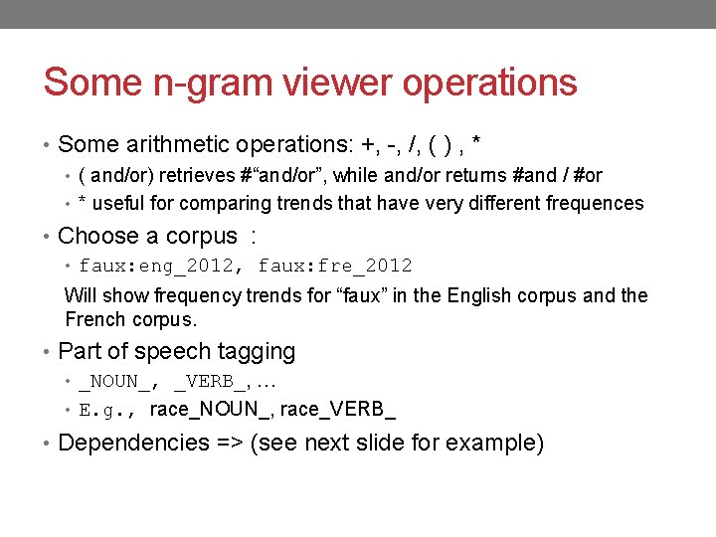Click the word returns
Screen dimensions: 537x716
467,175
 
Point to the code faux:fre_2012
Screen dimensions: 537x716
335,266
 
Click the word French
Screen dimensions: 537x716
96,319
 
